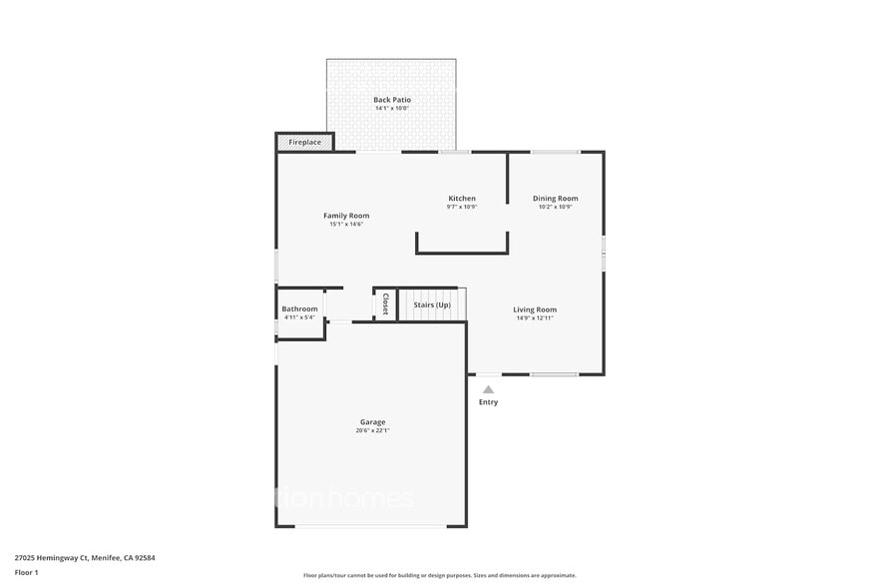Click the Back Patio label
(392, 100)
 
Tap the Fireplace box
(305, 143)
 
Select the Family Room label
(346, 216)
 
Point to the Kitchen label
(462, 199)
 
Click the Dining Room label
(556, 199)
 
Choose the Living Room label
(535, 309)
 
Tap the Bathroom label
(299, 309)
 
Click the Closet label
(385, 303)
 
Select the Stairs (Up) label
(432, 304)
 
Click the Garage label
(372, 422)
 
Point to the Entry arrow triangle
(488, 389)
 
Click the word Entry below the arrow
(488, 402)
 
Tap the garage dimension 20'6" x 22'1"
(372, 430)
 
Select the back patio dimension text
(392, 108)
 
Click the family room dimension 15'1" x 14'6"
(346, 224)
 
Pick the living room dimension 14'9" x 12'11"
(535, 317)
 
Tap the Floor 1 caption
(27, 572)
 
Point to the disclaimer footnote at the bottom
(440, 575)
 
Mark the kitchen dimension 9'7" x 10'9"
(462, 207)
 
